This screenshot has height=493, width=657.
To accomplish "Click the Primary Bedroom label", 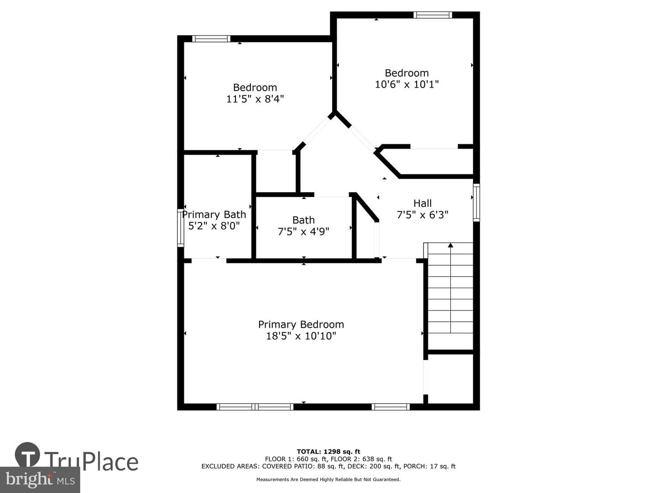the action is [x=301, y=325].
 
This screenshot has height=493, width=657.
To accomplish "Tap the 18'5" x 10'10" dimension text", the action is [x=301, y=336].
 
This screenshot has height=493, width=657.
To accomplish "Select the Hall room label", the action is [x=422, y=203].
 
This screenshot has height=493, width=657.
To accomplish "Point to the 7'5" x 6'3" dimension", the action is [x=422, y=215].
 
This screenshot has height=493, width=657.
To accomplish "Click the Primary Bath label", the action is [x=214, y=215].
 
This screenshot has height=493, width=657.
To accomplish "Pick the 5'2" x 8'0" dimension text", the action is [x=214, y=226].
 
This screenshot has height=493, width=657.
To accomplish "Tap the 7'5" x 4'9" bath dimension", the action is [x=303, y=231].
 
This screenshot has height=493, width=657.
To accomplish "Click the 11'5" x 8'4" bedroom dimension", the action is [x=255, y=99].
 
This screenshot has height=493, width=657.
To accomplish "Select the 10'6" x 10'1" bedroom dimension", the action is [x=407, y=84].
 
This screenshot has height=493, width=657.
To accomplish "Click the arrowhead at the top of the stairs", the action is [x=450, y=245].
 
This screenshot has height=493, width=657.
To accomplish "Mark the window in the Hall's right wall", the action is [x=476, y=203].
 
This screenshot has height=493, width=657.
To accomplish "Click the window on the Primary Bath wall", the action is [x=181, y=228].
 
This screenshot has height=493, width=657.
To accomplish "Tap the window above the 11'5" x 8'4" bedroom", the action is [x=211, y=39].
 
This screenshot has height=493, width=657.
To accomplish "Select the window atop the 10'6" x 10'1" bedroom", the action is [x=433, y=15].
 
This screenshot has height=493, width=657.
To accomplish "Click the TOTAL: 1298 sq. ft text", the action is [x=328, y=451].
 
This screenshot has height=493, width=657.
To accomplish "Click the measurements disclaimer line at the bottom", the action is [x=328, y=479].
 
